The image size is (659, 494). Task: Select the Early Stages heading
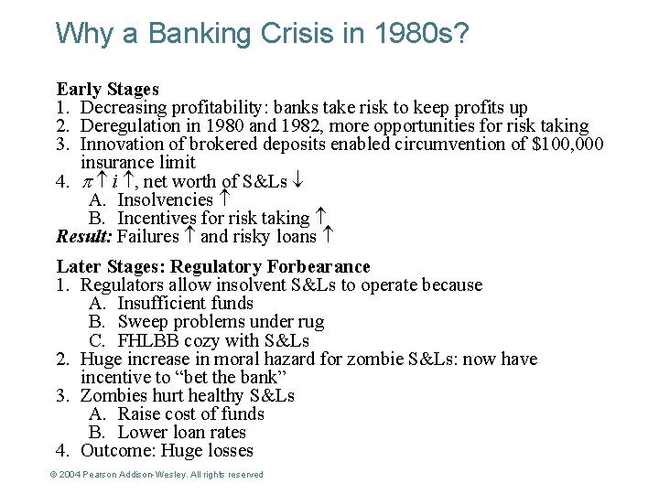pyautogui.click(x=107, y=89)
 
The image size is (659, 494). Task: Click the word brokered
pyautogui.click(x=221, y=144)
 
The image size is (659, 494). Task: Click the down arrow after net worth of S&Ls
pyautogui.click(x=297, y=181)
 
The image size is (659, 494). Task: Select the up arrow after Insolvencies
pyautogui.click(x=224, y=199)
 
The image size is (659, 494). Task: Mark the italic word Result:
pyautogui.click(x=84, y=237)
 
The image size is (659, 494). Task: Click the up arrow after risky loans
pyautogui.click(x=327, y=237)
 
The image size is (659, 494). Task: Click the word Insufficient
pyautogui.click(x=161, y=303)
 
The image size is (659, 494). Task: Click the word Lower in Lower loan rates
pyautogui.click(x=142, y=432)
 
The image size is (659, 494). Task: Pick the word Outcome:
pyautogui.click(x=117, y=450)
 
